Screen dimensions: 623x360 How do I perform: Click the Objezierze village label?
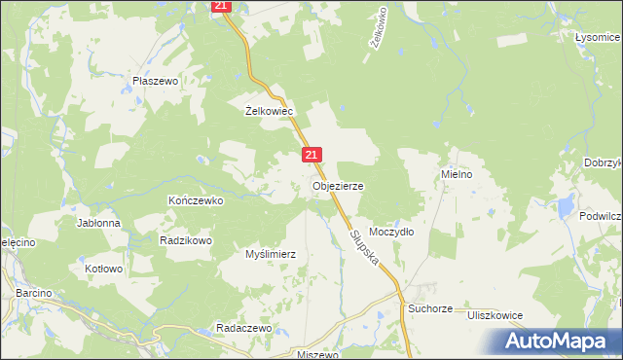coord(337,185)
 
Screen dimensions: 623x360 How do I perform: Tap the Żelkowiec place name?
coord(270,111)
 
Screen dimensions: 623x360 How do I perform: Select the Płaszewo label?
coord(156,82)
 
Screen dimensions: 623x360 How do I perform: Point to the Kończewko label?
coord(197,200)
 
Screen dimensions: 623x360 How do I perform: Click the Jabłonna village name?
coord(99,223)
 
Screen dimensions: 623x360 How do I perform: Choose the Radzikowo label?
coord(186,239)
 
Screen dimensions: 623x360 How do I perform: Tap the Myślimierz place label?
coord(270,254)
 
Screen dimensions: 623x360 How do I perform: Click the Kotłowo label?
coord(104,269)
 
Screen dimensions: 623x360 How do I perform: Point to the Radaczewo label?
coord(243,329)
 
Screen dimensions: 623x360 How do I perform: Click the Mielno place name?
coord(457,175)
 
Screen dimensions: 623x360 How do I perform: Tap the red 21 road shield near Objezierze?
coord(311,155)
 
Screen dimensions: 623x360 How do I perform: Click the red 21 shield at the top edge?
coord(221,6)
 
